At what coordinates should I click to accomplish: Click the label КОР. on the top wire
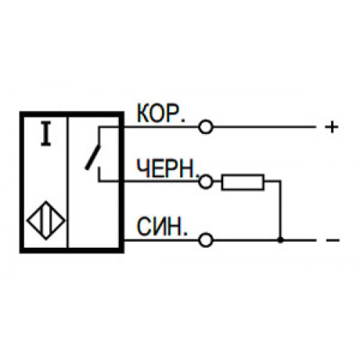click(161, 113)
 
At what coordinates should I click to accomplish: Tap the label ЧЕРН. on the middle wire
click(168, 168)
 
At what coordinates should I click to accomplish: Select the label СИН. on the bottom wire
click(162, 226)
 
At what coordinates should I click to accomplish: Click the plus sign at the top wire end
click(332, 127)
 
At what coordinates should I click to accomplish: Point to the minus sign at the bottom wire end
click(333, 240)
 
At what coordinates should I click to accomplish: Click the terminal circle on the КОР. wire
click(206, 127)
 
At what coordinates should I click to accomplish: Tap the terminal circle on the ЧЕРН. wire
click(206, 181)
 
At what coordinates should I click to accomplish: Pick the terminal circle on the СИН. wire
click(206, 240)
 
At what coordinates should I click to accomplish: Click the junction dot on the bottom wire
click(280, 240)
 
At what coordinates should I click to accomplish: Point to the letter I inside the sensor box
click(45, 134)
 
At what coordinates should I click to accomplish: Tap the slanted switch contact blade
click(93, 158)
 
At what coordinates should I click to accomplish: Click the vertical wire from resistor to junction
click(280, 210)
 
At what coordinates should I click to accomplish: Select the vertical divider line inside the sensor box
click(68, 182)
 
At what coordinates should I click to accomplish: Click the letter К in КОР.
click(143, 113)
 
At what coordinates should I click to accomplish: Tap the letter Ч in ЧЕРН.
click(143, 168)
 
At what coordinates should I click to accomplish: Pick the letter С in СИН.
click(144, 226)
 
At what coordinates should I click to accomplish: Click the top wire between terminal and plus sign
click(264, 127)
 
